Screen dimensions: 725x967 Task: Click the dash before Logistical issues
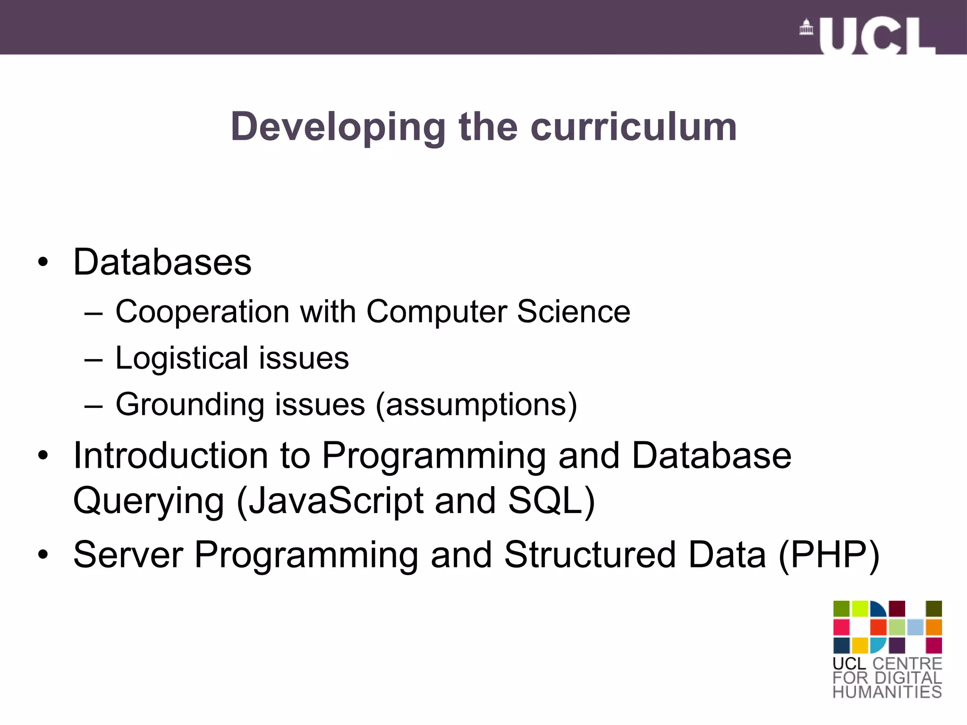point(93,360)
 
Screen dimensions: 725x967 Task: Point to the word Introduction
point(171,455)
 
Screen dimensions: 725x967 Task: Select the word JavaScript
point(336,501)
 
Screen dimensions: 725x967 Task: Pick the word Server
point(128,555)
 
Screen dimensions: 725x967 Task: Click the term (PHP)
point(829,555)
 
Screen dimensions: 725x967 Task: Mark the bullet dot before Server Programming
point(43,555)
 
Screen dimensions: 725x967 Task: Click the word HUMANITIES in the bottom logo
point(887,692)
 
